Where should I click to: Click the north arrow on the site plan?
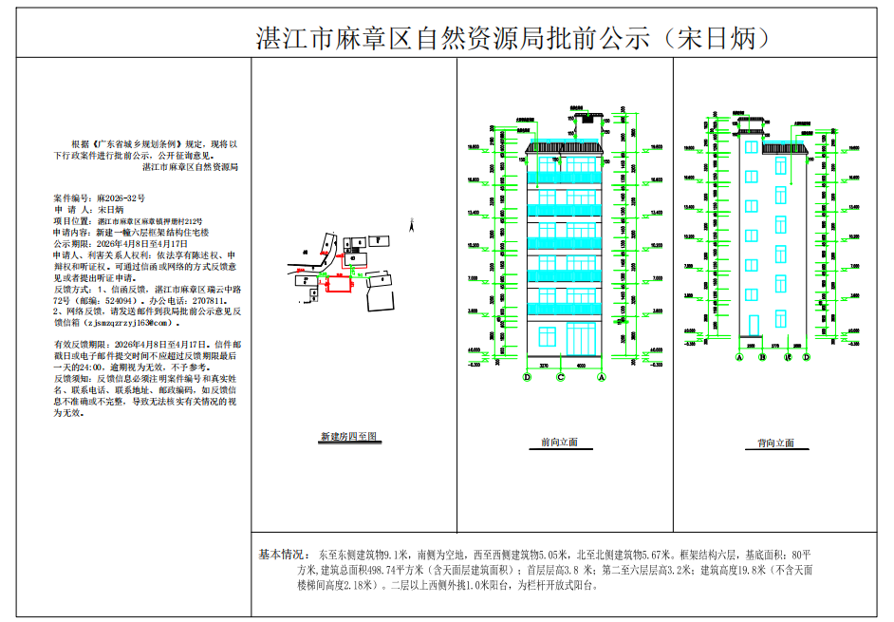tap(410, 224)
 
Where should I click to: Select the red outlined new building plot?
tap(339, 281)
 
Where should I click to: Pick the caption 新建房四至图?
tap(348, 437)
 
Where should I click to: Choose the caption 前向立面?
tap(559, 443)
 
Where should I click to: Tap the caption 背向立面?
tap(775, 443)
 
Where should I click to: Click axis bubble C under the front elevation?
tap(561, 377)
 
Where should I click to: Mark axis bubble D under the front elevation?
tap(527, 377)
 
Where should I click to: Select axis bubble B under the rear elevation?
tap(762, 358)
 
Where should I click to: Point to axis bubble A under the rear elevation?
tap(738, 358)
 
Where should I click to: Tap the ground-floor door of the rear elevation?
tap(753, 327)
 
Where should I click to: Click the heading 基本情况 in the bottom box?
tap(284, 553)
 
